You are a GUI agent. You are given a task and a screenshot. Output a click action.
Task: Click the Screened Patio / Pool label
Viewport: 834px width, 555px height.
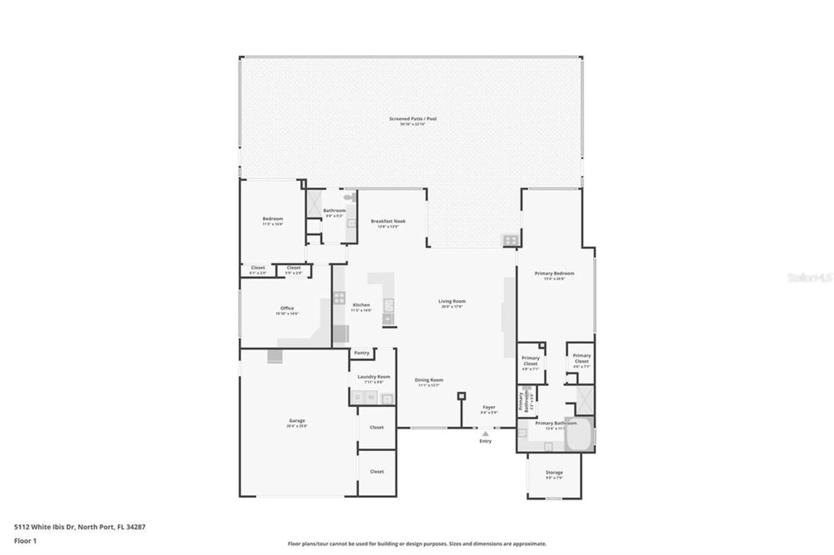[412, 119]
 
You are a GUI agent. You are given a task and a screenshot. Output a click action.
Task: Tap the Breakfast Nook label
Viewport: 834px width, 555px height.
[388, 221]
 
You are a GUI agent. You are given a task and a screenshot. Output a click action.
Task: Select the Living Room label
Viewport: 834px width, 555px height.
[452, 301]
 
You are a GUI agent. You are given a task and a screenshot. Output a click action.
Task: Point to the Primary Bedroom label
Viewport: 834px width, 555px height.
[554, 273]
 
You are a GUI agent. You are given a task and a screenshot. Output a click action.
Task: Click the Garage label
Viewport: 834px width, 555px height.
[297, 421]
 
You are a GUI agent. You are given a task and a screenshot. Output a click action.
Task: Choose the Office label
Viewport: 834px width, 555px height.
[287, 308]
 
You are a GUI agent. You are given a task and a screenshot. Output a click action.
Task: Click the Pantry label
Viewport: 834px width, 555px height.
[362, 353]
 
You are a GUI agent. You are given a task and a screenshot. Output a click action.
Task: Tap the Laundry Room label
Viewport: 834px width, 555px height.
[374, 377]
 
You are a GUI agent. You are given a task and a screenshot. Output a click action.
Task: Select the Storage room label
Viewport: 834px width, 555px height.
[554, 472]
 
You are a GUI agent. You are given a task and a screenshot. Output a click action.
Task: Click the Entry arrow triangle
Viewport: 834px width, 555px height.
[485, 434]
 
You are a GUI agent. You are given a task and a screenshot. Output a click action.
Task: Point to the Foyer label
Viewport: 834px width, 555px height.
[489, 407]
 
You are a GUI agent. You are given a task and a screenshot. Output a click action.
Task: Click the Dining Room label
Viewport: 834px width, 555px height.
[429, 380]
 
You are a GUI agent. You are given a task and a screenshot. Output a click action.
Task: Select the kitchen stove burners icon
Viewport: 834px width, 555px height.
[339, 298]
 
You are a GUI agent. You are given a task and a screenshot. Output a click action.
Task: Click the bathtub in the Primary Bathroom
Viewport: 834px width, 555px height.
[579, 434]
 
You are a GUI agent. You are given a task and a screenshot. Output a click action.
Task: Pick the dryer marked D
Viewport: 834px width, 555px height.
[357, 397]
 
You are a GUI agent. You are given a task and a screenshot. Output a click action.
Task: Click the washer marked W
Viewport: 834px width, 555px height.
[371, 397]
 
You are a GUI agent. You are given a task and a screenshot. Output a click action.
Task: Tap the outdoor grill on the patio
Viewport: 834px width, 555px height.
[510, 240]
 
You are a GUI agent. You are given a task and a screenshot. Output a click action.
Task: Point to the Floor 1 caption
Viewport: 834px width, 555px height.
[25, 541]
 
